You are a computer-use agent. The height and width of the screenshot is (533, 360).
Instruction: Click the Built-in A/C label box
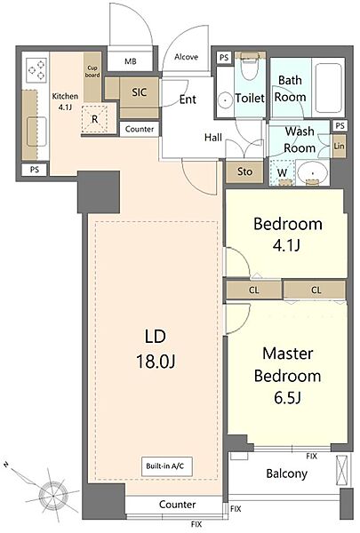pyautogui.click(x=167, y=466)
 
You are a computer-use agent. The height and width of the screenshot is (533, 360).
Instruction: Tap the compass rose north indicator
pyautogui.click(x=5, y=465)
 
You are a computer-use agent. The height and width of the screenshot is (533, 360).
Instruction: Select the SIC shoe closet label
pyautogui.click(x=140, y=92)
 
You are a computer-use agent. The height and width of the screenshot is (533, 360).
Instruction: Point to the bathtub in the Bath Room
pyautogui.click(x=328, y=88)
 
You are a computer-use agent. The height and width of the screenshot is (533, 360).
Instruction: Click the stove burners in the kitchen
pyautogui.click(x=36, y=69)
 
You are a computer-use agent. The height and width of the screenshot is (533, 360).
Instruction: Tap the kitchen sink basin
pyautogui.click(x=36, y=131)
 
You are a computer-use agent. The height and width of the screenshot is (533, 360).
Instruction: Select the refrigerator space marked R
pyautogui.click(x=94, y=119)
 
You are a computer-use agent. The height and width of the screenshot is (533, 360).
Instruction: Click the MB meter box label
pyautogui.click(x=131, y=61)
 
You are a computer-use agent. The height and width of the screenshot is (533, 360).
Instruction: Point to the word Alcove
pyautogui.click(x=186, y=57)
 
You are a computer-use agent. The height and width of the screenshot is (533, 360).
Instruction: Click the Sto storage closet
pyautogui.click(x=244, y=171)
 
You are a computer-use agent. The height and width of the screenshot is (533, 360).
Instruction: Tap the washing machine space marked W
pyautogui.click(x=282, y=172)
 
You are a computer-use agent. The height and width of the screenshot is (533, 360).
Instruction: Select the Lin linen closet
pyautogui.click(x=339, y=147)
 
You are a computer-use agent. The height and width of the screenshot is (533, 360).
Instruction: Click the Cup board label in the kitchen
pyautogui.click(x=92, y=71)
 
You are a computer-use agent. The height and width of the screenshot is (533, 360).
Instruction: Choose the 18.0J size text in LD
pyautogui.click(x=156, y=362)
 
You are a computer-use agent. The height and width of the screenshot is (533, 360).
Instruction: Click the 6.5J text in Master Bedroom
pyautogui.click(x=287, y=397)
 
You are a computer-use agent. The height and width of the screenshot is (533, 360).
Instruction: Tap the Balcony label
pyautogui.click(x=286, y=473)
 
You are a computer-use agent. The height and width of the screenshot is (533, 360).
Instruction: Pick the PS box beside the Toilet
pyautogui.click(x=224, y=58)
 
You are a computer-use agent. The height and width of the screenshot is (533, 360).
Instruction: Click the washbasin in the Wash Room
pyautogui.click(x=312, y=173)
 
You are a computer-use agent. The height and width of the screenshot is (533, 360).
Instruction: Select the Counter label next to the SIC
pyautogui.click(x=140, y=129)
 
